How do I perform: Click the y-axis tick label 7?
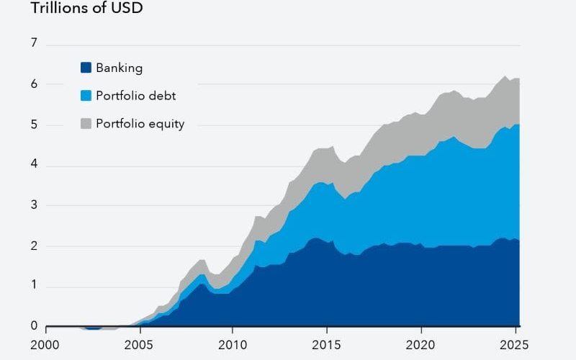[33, 43]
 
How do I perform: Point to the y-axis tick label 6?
[33, 84]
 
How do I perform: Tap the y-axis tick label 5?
[33, 125]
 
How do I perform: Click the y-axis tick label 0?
[33, 326]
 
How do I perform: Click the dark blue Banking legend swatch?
[86, 68]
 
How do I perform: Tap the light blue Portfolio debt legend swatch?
[86, 96]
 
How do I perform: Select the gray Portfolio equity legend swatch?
[86, 124]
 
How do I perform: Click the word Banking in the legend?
[120, 68]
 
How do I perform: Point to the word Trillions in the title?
[60, 9]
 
